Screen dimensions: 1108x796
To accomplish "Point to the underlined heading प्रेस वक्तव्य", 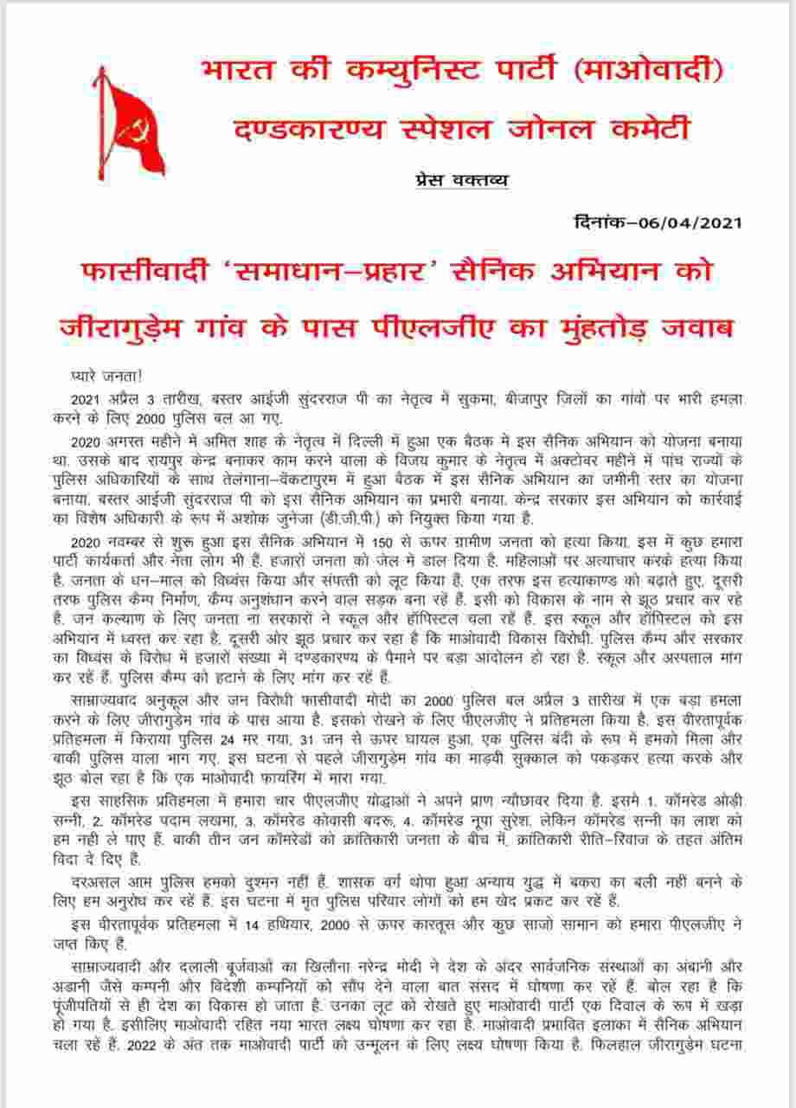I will point(458,180).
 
